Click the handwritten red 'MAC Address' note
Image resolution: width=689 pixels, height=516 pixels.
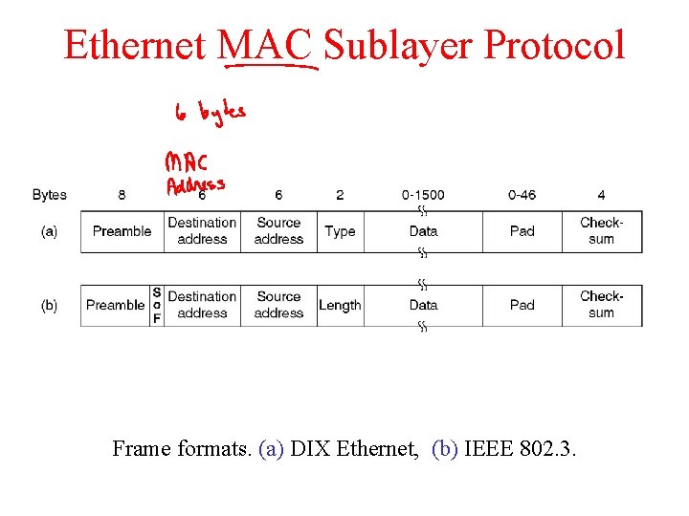(x=195, y=172)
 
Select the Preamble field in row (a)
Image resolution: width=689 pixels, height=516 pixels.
(x=122, y=231)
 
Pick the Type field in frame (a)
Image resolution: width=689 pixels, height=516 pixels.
(x=340, y=231)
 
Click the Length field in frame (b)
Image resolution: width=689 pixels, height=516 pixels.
(x=340, y=306)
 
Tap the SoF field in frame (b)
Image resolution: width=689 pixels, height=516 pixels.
(x=157, y=306)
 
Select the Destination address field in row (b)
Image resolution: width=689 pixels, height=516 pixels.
(x=202, y=306)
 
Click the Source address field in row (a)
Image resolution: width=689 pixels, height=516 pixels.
(x=278, y=231)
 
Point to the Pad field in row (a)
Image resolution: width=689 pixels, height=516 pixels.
(x=522, y=231)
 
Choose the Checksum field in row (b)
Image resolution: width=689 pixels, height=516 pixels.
(x=601, y=306)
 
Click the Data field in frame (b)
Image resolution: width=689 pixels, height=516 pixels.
(x=423, y=306)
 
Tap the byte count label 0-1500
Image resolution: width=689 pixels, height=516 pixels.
(x=423, y=195)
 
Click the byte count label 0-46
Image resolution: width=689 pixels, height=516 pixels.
(x=522, y=195)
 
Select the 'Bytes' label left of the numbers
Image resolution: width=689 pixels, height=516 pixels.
(x=50, y=195)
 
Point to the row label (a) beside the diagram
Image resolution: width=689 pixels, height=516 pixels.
(x=50, y=231)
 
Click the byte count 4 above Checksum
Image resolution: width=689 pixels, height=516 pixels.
(x=601, y=195)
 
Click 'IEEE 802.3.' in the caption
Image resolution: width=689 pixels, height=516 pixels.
(x=520, y=448)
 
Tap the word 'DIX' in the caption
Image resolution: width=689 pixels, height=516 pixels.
(x=310, y=448)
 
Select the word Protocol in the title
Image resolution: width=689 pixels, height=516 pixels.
(x=555, y=45)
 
